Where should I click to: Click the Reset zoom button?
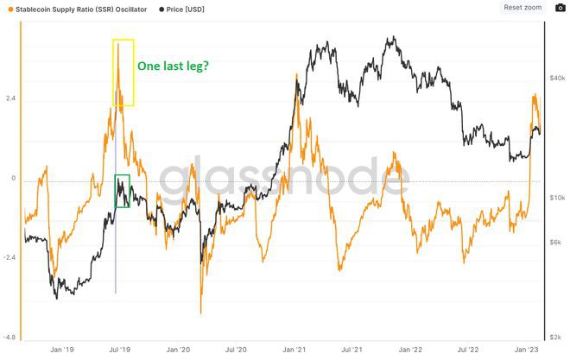[x=522, y=7]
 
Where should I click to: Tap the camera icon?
[x=560, y=7]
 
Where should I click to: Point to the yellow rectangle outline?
[x=123, y=40]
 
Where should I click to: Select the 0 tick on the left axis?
[x=13, y=179]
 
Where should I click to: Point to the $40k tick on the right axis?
[x=557, y=79]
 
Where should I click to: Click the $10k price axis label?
[x=557, y=198]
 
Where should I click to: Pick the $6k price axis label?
[x=557, y=243]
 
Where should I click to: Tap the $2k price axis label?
[x=557, y=337]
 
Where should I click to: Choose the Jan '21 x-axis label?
[x=294, y=350]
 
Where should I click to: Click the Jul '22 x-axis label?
[x=469, y=350]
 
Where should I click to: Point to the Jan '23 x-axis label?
[x=527, y=350]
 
